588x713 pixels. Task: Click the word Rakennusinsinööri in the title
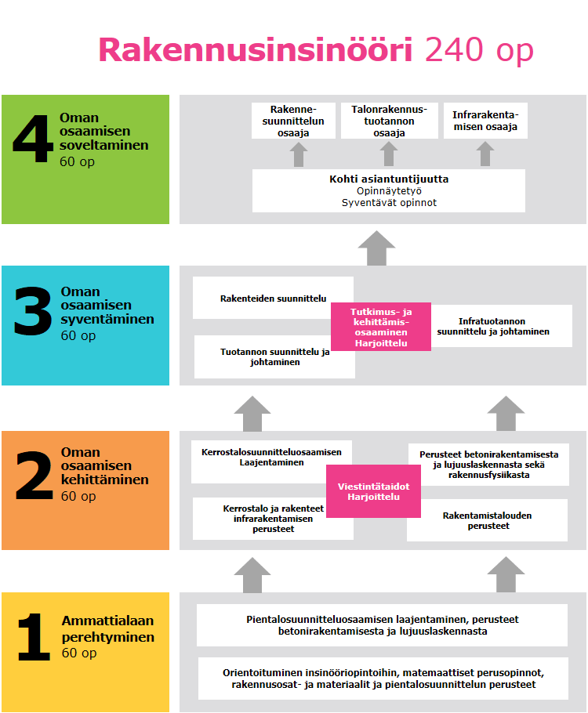point(256,51)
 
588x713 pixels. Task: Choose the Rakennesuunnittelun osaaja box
point(293,121)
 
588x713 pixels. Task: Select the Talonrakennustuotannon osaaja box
point(390,121)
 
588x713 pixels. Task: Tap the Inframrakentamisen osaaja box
point(485,121)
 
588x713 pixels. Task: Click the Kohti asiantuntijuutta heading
point(389,179)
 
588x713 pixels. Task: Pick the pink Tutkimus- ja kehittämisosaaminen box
point(380,327)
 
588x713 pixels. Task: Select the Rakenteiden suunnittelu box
point(273,298)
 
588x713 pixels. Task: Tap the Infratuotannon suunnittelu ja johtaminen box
point(493,327)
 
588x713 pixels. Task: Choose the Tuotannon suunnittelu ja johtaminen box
point(273,357)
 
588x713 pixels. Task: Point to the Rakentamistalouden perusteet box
point(487,520)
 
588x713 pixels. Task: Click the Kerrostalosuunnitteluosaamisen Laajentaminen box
point(271,458)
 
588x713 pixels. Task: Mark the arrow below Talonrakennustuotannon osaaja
point(390,154)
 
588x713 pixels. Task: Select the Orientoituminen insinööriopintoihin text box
point(383,679)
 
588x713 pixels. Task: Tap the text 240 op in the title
point(479,51)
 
